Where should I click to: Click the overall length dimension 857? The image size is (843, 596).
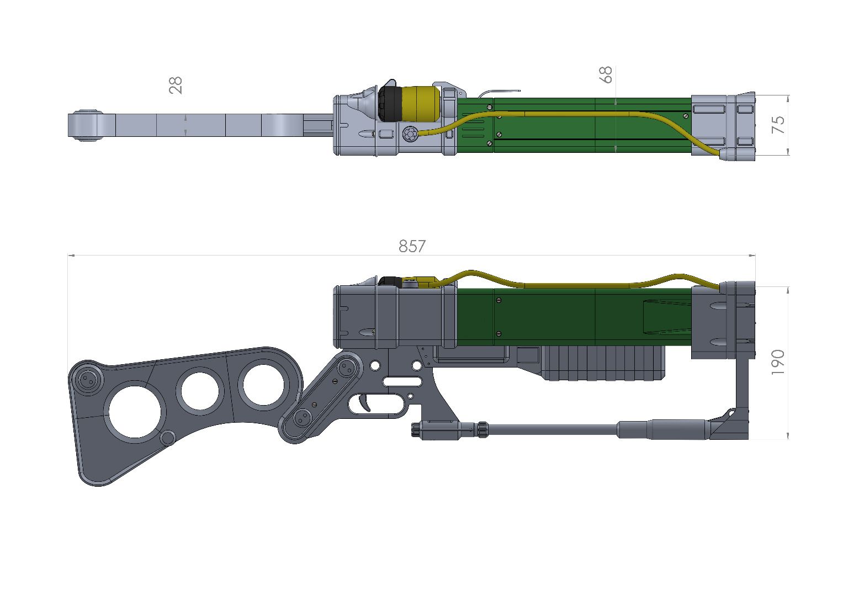412,246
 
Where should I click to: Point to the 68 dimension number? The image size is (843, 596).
606,74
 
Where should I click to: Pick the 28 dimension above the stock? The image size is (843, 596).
176,85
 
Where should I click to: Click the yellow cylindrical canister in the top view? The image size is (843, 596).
418,103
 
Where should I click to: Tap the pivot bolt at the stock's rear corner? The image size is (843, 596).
87,380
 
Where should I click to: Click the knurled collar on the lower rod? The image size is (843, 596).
481,428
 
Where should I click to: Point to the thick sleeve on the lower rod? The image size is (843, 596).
662,429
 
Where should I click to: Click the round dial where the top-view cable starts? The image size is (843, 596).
410,134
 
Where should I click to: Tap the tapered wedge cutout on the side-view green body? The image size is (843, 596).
665,317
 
